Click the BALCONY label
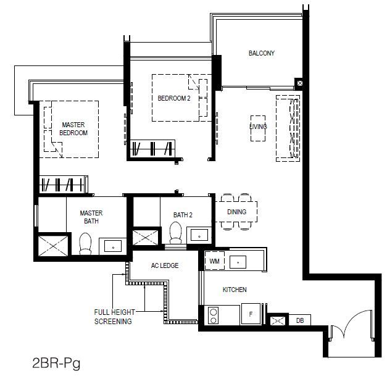point(261,53)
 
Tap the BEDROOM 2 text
point(174,98)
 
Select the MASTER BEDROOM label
point(73,128)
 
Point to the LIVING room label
point(258,127)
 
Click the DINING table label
point(236,212)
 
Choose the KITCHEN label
point(235,290)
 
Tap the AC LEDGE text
point(165,265)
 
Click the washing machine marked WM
point(214,261)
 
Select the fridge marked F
point(251,314)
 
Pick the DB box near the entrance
point(299,320)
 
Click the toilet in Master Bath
point(85,244)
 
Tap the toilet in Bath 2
point(175,233)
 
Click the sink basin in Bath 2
point(199,235)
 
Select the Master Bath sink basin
point(113,246)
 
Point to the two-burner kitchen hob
point(213,315)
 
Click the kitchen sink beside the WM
point(238,262)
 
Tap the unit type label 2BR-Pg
point(56,363)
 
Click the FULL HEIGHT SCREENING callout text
point(114,317)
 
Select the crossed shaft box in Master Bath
point(53,246)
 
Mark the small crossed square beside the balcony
point(299,83)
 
